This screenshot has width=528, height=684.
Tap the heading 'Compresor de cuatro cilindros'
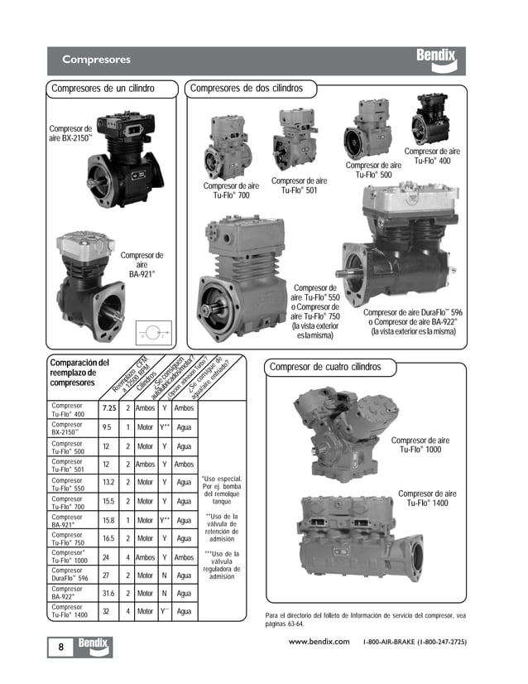click(x=326, y=366)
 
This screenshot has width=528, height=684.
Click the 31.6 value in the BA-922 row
click(x=108, y=593)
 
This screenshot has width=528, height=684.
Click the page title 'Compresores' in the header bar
click(x=96, y=60)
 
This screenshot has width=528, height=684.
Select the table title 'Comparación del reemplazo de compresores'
click(x=79, y=373)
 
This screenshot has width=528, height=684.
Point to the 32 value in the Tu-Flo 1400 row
click(x=107, y=612)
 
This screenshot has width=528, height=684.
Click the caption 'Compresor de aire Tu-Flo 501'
click(x=300, y=185)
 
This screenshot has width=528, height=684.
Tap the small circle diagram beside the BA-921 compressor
click(x=154, y=331)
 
